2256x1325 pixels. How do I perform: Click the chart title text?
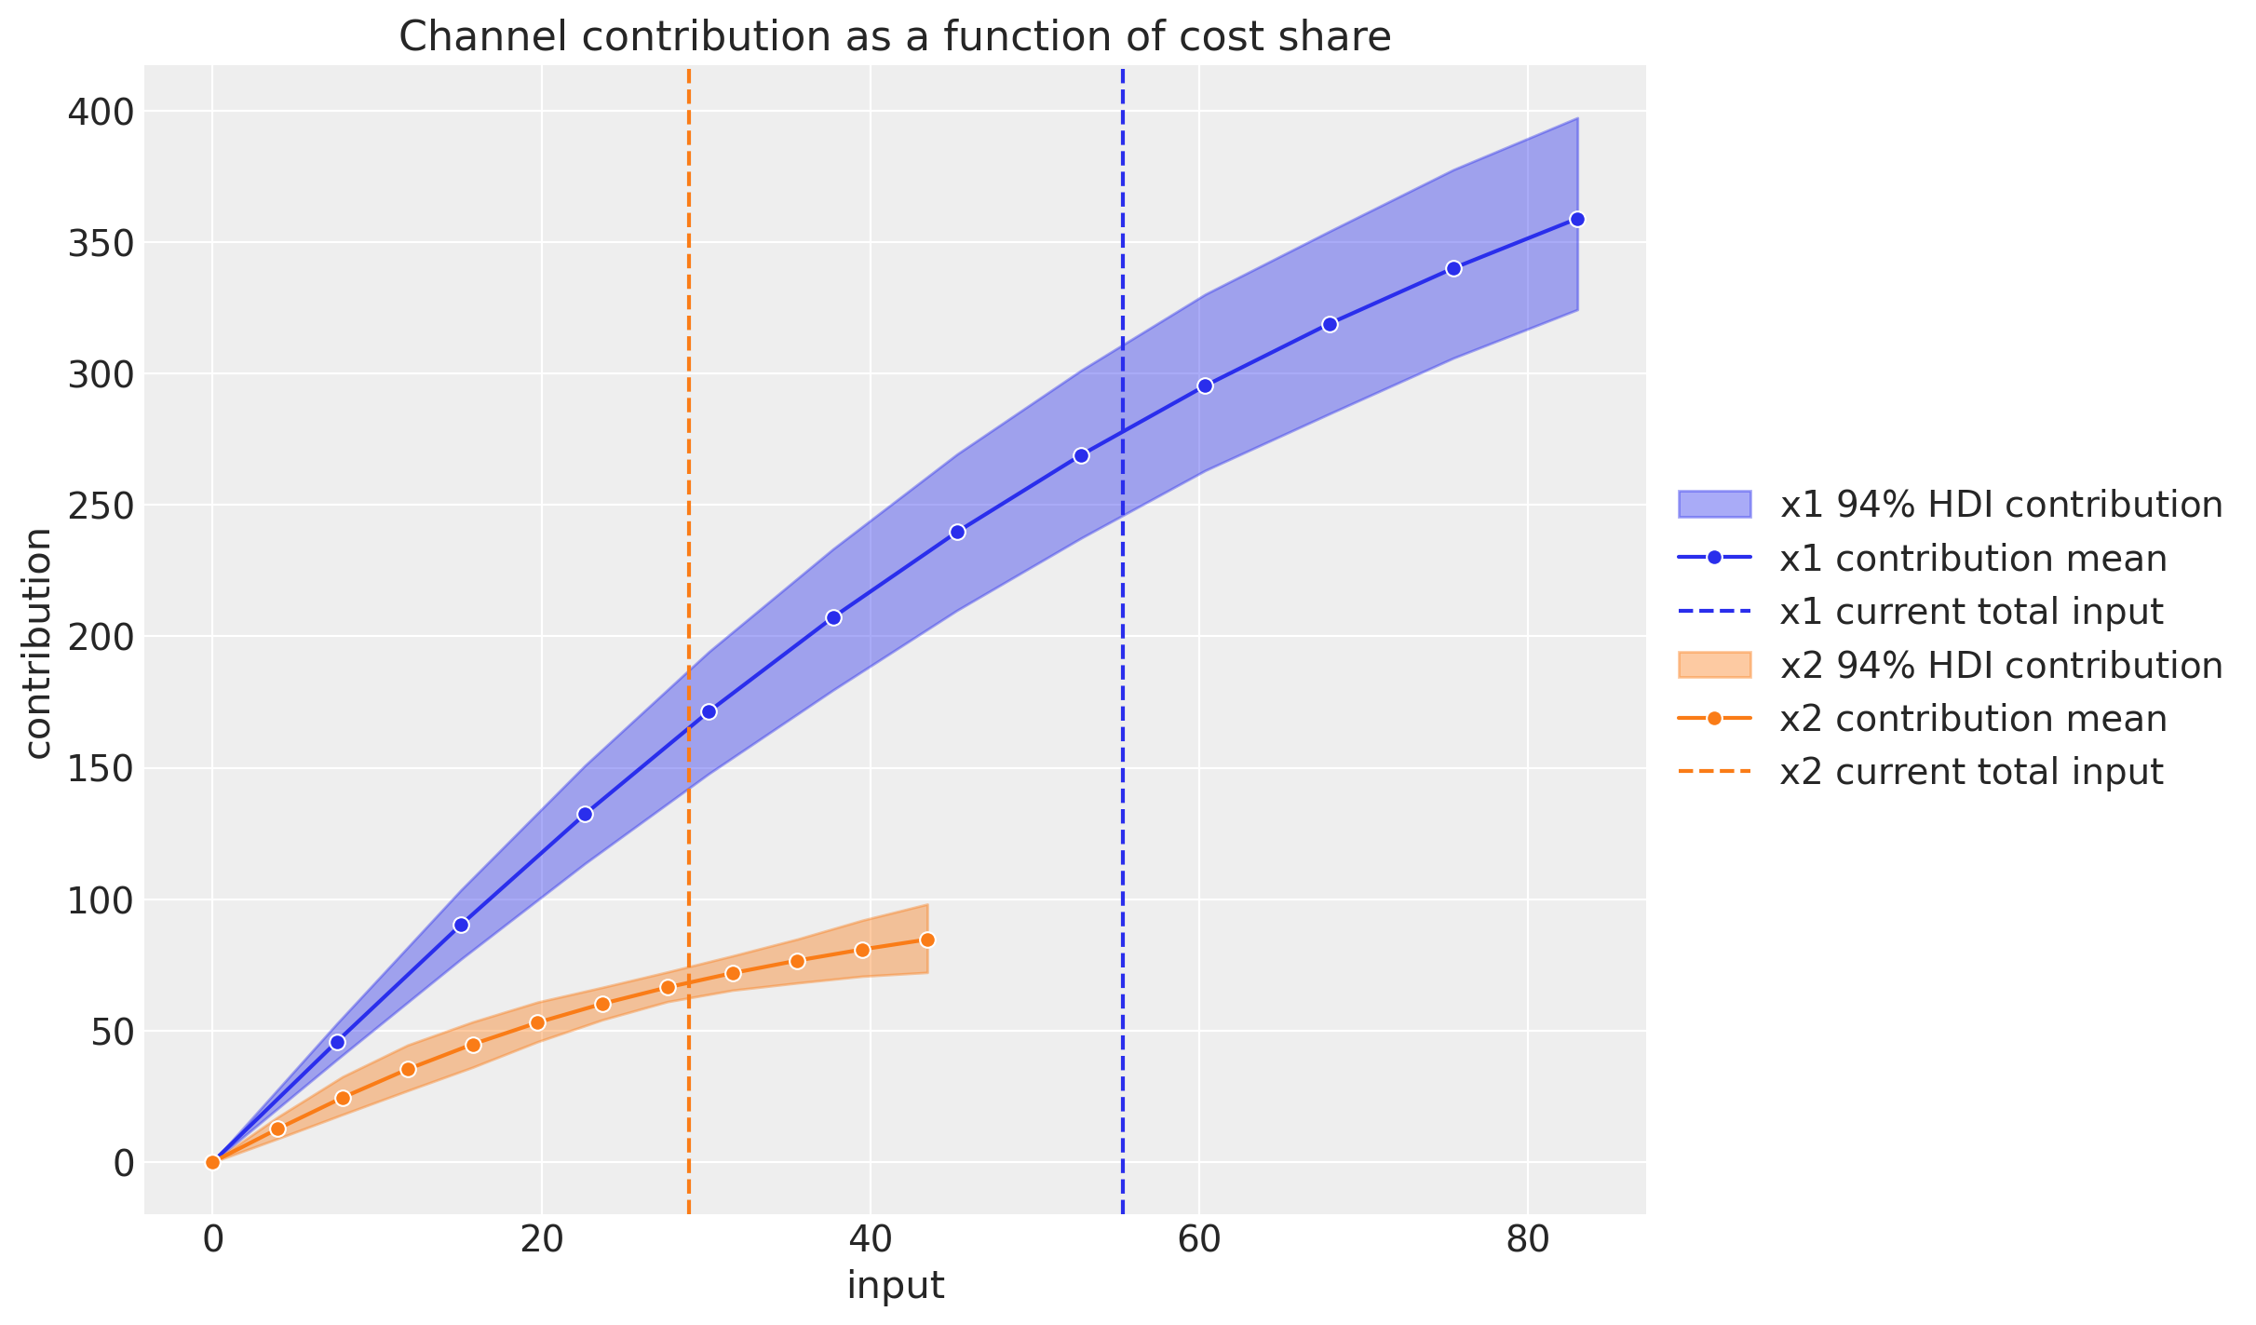(894, 37)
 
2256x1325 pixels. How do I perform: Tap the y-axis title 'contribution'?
(37, 642)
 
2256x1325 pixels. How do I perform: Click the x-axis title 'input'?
(895, 1285)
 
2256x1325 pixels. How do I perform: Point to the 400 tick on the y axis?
(101, 112)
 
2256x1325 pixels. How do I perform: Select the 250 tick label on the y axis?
(101, 506)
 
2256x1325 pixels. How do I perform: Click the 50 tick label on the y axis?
(112, 1032)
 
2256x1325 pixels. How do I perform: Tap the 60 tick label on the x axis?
(1199, 1239)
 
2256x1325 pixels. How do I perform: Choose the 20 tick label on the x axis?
(541, 1239)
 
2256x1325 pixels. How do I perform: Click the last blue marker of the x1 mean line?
(1577, 220)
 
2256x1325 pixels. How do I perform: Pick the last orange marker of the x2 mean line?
(927, 940)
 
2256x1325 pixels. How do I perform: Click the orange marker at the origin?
(212, 1162)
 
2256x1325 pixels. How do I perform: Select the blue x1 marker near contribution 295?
(1205, 385)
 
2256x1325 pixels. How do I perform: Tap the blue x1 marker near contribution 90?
(461, 925)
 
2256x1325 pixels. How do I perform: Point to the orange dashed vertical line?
(688, 466)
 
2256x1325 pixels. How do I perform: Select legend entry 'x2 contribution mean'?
(1973, 719)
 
